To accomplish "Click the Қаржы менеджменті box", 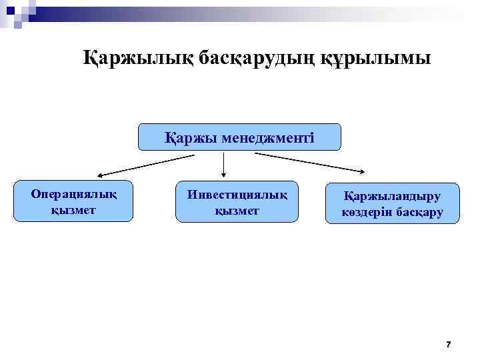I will pyautogui.click(x=239, y=137).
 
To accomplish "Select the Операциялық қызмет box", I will pyautogui.click(x=73, y=201).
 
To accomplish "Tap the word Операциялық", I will pyautogui.click(x=73, y=194).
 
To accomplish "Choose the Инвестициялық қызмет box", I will pyautogui.click(x=237, y=201).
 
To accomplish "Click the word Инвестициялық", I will pyautogui.click(x=237, y=194).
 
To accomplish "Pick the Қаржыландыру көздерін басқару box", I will pyautogui.click(x=393, y=203).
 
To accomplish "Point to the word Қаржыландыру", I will pyautogui.click(x=393, y=195).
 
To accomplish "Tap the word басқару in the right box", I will pyautogui.click(x=419, y=213).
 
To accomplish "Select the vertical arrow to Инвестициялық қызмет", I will pyautogui.click(x=223, y=165).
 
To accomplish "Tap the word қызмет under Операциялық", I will pyautogui.click(x=73, y=209).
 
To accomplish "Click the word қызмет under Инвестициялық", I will pyautogui.click(x=237, y=209).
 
